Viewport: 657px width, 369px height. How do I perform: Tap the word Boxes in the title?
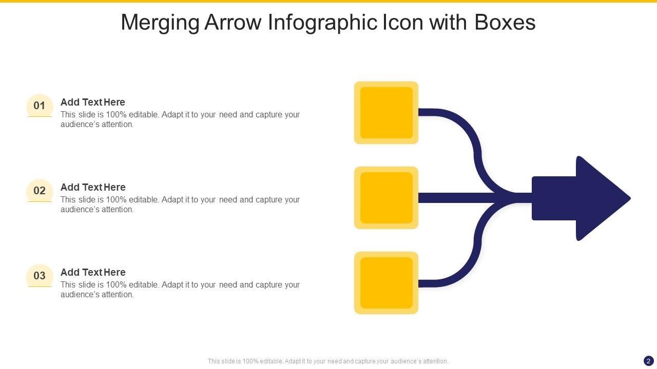pyautogui.click(x=505, y=23)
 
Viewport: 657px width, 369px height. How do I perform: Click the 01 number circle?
pyautogui.click(x=40, y=106)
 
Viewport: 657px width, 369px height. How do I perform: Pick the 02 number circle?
pyautogui.click(x=40, y=191)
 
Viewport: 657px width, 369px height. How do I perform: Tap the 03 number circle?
pyautogui.click(x=40, y=276)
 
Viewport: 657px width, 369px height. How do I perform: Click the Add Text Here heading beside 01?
pyautogui.click(x=93, y=102)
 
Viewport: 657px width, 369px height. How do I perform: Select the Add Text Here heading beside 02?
pyautogui.click(x=93, y=187)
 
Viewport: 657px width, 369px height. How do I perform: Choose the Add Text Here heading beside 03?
pyautogui.click(x=93, y=272)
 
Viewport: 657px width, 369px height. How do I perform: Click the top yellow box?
pyautogui.click(x=386, y=113)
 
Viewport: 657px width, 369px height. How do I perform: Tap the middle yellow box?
pyautogui.click(x=386, y=198)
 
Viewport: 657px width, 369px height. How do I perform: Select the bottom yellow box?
pyautogui.click(x=386, y=283)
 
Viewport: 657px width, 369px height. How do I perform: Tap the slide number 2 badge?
pyautogui.click(x=649, y=361)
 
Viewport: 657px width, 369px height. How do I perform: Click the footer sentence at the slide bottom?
pyautogui.click(x=328, y=361)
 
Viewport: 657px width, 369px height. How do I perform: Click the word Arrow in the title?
pyautogui.click(x=234, y=23)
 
